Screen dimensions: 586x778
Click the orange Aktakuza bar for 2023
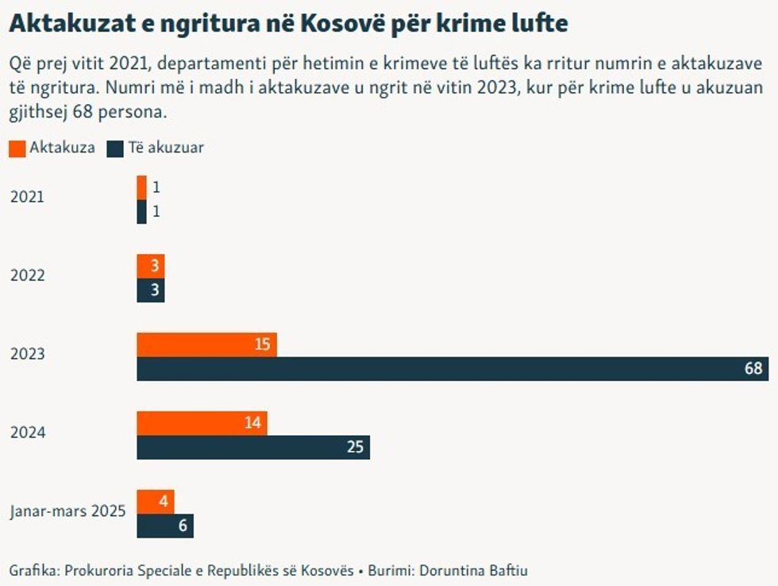206,345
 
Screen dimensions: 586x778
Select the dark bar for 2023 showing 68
453,369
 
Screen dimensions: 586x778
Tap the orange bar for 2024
202,423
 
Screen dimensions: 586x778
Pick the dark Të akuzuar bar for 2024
253,447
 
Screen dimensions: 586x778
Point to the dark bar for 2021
141,212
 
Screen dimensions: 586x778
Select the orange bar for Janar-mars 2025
155,502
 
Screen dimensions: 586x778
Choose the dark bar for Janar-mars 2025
164,526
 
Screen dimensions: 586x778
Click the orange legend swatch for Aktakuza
17,148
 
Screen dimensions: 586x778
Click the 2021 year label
27,197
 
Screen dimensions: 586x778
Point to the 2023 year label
27,354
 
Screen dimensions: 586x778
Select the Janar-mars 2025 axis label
67,511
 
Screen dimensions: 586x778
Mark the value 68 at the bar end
753,369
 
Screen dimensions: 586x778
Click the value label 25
355,447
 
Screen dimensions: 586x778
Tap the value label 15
263,345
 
